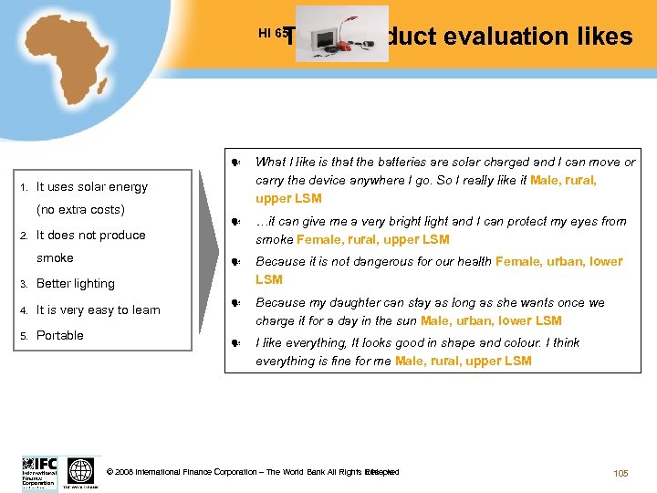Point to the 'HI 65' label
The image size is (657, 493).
tap(273, 34)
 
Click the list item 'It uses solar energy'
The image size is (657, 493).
tap(91, 187)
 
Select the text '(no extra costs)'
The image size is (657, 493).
tap(80, 210)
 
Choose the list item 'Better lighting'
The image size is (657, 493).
tap(75, 284)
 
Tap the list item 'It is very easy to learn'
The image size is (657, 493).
tap(98, 310)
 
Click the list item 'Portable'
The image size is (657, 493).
tap(59, 335)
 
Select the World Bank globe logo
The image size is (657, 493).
tap(81, 471)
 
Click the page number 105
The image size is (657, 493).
tap(621, 473)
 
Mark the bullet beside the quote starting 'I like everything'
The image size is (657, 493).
tap(235, 343)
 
